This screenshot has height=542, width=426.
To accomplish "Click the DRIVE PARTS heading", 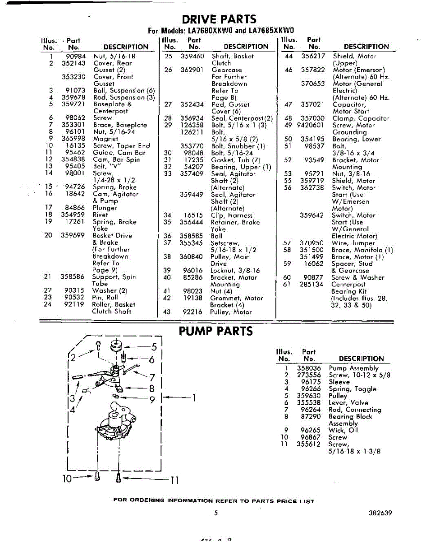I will coord(219,19).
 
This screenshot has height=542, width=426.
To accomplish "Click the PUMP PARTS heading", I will coord(216,331).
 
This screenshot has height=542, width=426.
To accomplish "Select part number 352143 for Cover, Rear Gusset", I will coord(73,63).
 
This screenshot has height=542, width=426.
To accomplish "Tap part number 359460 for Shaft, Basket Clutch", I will coord(192,56).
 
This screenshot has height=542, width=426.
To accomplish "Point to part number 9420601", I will coord(311,125).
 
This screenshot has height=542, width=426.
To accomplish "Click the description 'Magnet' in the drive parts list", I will coord(105,139).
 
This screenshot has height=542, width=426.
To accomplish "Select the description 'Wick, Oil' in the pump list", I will coord(343,430).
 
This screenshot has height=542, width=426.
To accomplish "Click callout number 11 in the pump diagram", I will coord(174,480).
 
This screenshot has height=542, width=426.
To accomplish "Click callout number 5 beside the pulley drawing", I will coord(153,347).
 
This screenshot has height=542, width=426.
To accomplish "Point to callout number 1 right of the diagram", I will coord(194,398).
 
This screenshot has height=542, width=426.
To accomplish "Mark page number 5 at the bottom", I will coord(216,513).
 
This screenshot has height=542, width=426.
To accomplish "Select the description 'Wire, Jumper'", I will coord(353,243).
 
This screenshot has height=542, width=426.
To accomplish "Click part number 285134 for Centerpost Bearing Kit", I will coord(311,285).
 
